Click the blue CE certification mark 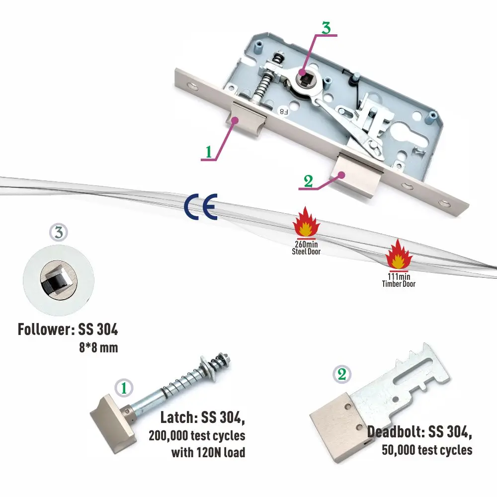pyautogui.click(x=200, y=207)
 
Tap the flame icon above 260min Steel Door pyautogui.click(x=306, y=223)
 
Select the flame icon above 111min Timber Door pyautogui.click(x=399, y=254)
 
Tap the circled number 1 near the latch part pyautogui.click(x=124, y=388)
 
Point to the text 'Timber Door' pyautogui.click(x=399, y=284)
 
